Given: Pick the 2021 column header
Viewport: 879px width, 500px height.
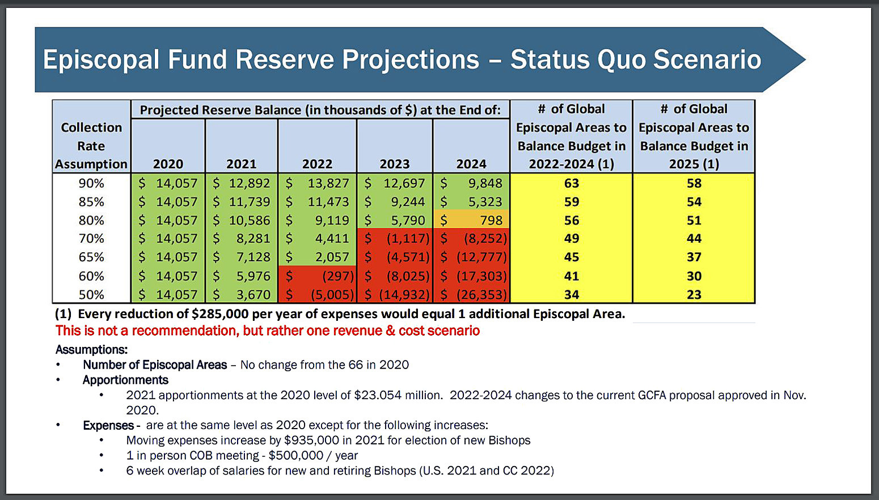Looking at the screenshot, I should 242,164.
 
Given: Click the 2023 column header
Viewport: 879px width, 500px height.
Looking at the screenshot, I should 395,164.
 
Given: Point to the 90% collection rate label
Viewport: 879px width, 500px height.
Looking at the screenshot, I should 91,183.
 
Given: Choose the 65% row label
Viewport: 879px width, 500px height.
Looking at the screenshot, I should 91,257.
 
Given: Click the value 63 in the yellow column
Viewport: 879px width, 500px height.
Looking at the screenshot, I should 571,183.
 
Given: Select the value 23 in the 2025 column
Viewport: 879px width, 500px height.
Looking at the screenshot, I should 694,295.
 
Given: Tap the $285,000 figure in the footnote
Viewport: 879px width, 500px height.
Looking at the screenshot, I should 220,314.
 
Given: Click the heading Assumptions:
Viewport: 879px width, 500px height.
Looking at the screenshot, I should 91,350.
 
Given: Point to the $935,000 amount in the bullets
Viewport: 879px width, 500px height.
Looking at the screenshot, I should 311,440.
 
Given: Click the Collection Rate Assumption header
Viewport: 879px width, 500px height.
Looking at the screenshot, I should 91,146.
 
